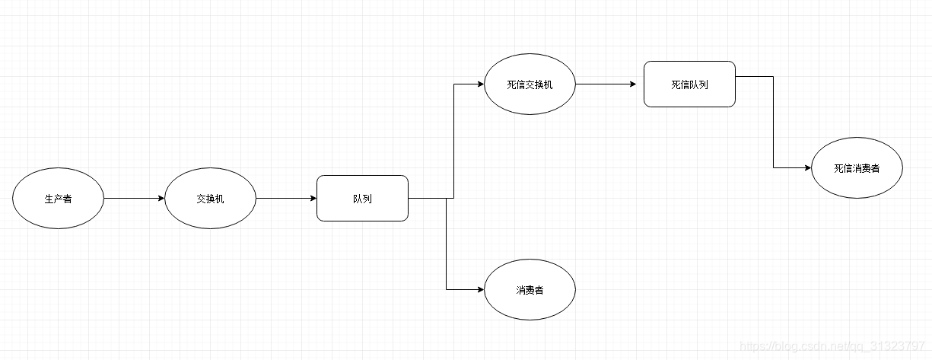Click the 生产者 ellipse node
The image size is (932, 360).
coord(58,199)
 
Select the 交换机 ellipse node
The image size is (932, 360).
coord(210,199)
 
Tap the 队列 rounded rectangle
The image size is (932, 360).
coord(362,199)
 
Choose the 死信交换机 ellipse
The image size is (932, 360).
coord(530,84)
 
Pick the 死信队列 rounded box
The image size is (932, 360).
coord(689,84)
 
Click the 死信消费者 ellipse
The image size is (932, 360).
coord(857,168)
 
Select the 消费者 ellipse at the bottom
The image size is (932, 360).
coord(530,290)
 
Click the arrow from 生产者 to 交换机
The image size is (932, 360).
coord(134,199)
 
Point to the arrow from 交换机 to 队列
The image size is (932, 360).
coord(286,199)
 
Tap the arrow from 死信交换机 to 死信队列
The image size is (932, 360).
coord(606,84)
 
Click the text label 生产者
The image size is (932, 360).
coord(58,199)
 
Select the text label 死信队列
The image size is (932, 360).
coord(689,85)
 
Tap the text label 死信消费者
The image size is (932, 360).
coord(857,169)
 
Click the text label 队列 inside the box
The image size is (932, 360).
coord(362,199)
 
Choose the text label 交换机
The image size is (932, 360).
coord(210,199)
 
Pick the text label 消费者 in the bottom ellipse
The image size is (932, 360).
coord(530,291)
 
